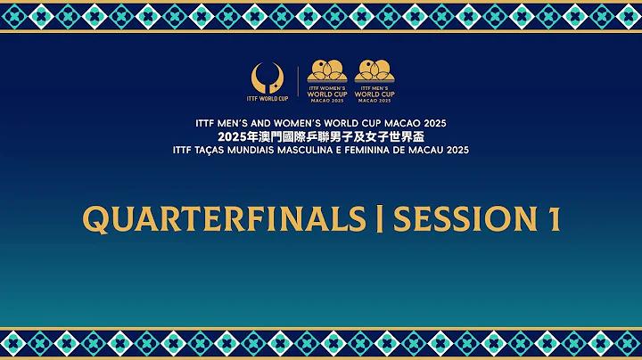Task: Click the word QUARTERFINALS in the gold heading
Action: click(x=224, y=219)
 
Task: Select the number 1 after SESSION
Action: click(x=555, y=219)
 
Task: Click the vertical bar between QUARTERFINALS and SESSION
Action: click(x=380, y=219)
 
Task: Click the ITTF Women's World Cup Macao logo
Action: click(x=327, y=81)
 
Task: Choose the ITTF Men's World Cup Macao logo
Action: click(x=374, y=81)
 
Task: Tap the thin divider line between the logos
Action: click(x=298, y=81)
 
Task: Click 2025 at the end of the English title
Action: click(x=435, y=123)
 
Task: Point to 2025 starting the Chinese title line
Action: click(x=229, y=136)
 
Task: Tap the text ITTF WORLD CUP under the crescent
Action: click(x=267, y=99)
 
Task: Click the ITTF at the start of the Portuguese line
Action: click(x=181, y=150)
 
